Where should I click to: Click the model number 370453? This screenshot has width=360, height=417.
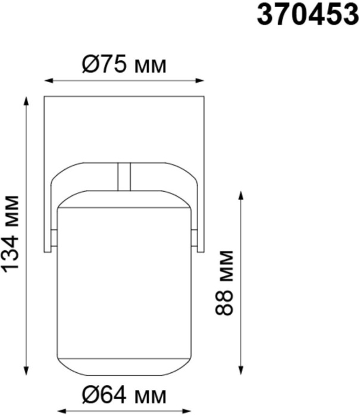(x=308, y=15)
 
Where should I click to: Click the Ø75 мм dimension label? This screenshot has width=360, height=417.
(x=124, y=64)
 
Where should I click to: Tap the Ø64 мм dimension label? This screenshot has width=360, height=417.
(x=124, y=396)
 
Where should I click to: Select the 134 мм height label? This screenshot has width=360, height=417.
(x=11, y=234)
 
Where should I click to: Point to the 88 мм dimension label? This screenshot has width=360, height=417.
(x=224, y=283)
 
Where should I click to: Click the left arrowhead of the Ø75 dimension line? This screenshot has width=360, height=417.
(x=48, y=80)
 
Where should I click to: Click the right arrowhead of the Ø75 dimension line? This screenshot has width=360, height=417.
(x=200, y=80)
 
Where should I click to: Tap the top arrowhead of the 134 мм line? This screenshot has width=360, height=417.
(x=26, y=101)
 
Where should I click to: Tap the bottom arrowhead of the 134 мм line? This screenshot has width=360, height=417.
(x=26, y=371)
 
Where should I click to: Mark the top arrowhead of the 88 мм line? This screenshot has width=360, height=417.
(x=241, y=195)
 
